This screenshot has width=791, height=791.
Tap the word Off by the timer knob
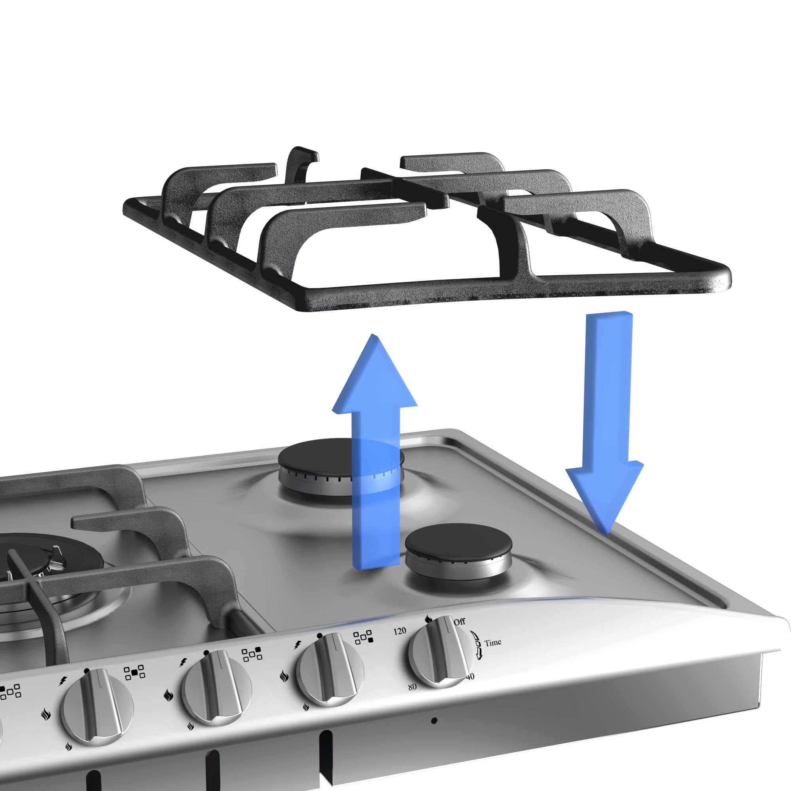pos(459,621)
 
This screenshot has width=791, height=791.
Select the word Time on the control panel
pos(492,642)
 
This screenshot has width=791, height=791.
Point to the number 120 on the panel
pos(399,631)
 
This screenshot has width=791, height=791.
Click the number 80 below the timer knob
pos(412,687)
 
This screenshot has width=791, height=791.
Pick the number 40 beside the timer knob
pos(470,677)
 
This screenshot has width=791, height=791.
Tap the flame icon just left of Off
pos(429,619)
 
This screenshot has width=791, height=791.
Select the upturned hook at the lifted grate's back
pos(302,164)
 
